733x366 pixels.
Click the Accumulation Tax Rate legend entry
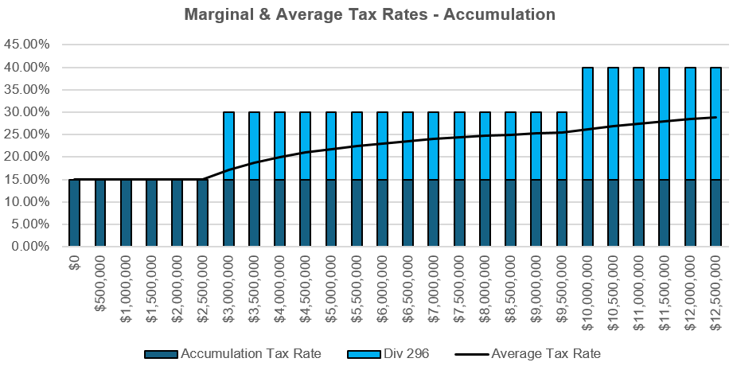(250, 353)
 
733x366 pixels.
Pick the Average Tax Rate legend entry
(545, 353)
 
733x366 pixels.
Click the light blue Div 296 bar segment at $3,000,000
(228, 146)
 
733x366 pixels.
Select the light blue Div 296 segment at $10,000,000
(587, 123)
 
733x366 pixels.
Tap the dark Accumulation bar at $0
(75, 213)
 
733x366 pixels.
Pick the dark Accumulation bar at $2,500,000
(203, 213)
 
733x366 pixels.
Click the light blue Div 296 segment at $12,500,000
(715, 123)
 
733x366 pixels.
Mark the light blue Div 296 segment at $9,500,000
(562, 146)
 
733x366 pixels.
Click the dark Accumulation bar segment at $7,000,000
(434, 213)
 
